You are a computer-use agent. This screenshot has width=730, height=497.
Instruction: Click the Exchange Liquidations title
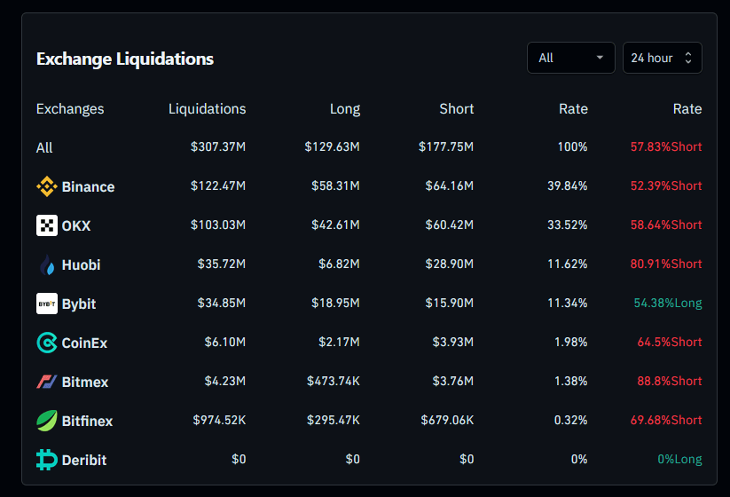[125, 59]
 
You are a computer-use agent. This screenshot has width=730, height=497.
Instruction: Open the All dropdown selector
[570, 58]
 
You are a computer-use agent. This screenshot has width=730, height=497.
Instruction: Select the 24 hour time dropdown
[662, 58]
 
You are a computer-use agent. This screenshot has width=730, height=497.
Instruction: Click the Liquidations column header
[207, 109]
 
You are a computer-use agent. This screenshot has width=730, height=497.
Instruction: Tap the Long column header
[344, 109]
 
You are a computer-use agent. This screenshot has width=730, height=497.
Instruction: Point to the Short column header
[456, 109]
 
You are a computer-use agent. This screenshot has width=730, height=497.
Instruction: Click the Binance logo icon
[47, 186]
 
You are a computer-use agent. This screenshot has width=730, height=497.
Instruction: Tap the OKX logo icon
[47, 225]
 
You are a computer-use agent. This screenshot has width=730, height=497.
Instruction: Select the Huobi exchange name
[81, 264]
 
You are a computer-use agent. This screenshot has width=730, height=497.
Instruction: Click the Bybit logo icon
[47, 304]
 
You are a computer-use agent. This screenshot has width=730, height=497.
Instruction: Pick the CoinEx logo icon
[47, 343]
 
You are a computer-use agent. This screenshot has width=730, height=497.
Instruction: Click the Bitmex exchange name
[85, 382]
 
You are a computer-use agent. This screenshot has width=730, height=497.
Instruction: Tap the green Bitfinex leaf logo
[47, 421]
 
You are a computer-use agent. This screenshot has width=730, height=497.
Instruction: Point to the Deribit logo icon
[47, 460]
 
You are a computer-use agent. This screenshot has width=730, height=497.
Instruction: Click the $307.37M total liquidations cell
[217, 147]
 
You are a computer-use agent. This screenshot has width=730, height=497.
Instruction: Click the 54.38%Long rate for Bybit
[667, 304]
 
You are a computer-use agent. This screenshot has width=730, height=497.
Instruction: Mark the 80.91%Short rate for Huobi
[666, 264]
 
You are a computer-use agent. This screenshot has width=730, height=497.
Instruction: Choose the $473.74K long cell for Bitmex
[334, 382]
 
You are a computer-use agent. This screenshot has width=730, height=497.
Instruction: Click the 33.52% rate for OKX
[567, 225]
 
